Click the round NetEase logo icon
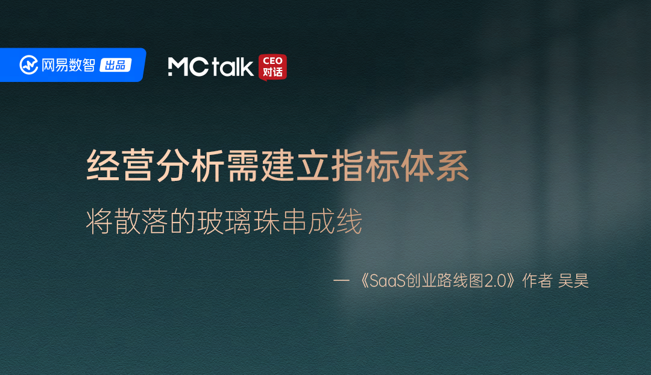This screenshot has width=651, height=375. tap(29, 65)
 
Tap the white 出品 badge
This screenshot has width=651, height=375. tap(115, 65)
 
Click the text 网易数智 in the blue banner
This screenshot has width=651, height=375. tap(68, 65)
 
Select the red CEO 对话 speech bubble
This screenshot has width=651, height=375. tap(272, 67)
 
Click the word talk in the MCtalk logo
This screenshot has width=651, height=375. tap(232, 66)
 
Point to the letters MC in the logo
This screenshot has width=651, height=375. tap(188, 67)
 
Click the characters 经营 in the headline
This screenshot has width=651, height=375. tap(121, 166)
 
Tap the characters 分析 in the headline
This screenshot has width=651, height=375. tap(190, 166)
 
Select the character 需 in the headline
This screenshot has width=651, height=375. tap(243, 166)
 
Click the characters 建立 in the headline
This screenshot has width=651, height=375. tap(295, 166)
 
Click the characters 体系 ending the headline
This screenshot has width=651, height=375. tap(436, 166)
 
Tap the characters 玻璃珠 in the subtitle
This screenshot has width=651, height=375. tap(238, 222)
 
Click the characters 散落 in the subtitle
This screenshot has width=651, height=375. tap(140, 222)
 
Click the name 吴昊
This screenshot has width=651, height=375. tap(573, 281)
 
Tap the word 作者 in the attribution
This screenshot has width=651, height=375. tap(537, 281)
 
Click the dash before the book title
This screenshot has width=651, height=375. tap(341, 281)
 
